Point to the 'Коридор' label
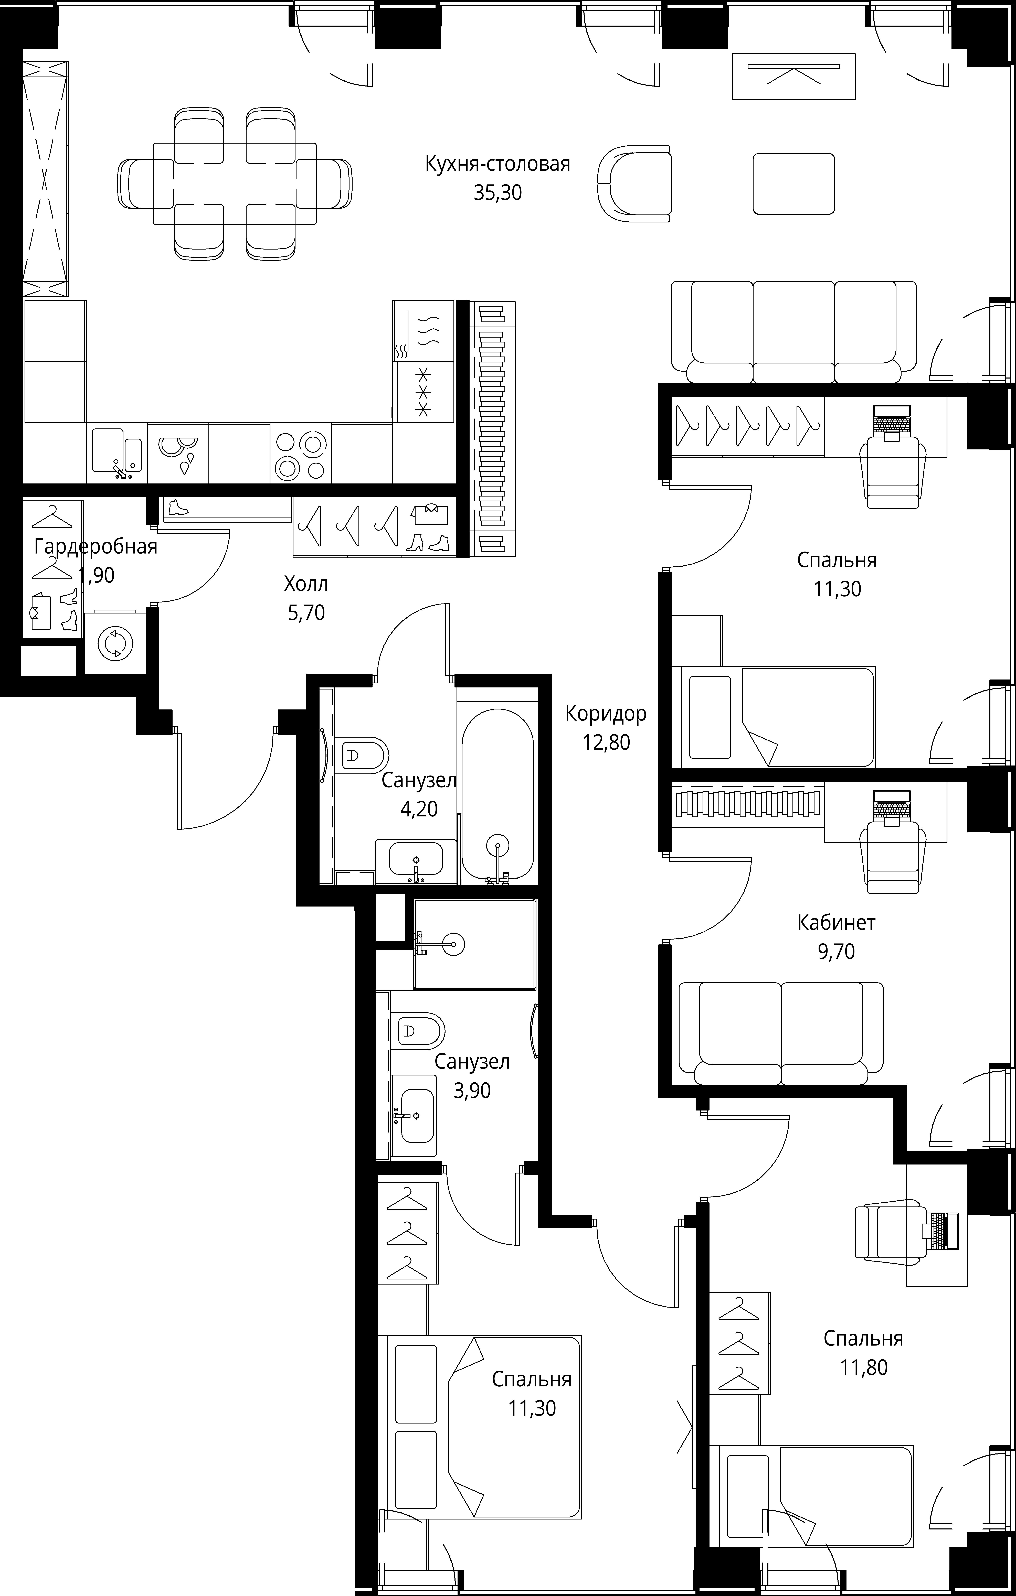[606, 714]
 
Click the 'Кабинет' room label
[836, 923]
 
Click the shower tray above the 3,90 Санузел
[474, 944]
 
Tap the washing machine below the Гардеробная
[115, 642]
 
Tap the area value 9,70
[836, 952]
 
